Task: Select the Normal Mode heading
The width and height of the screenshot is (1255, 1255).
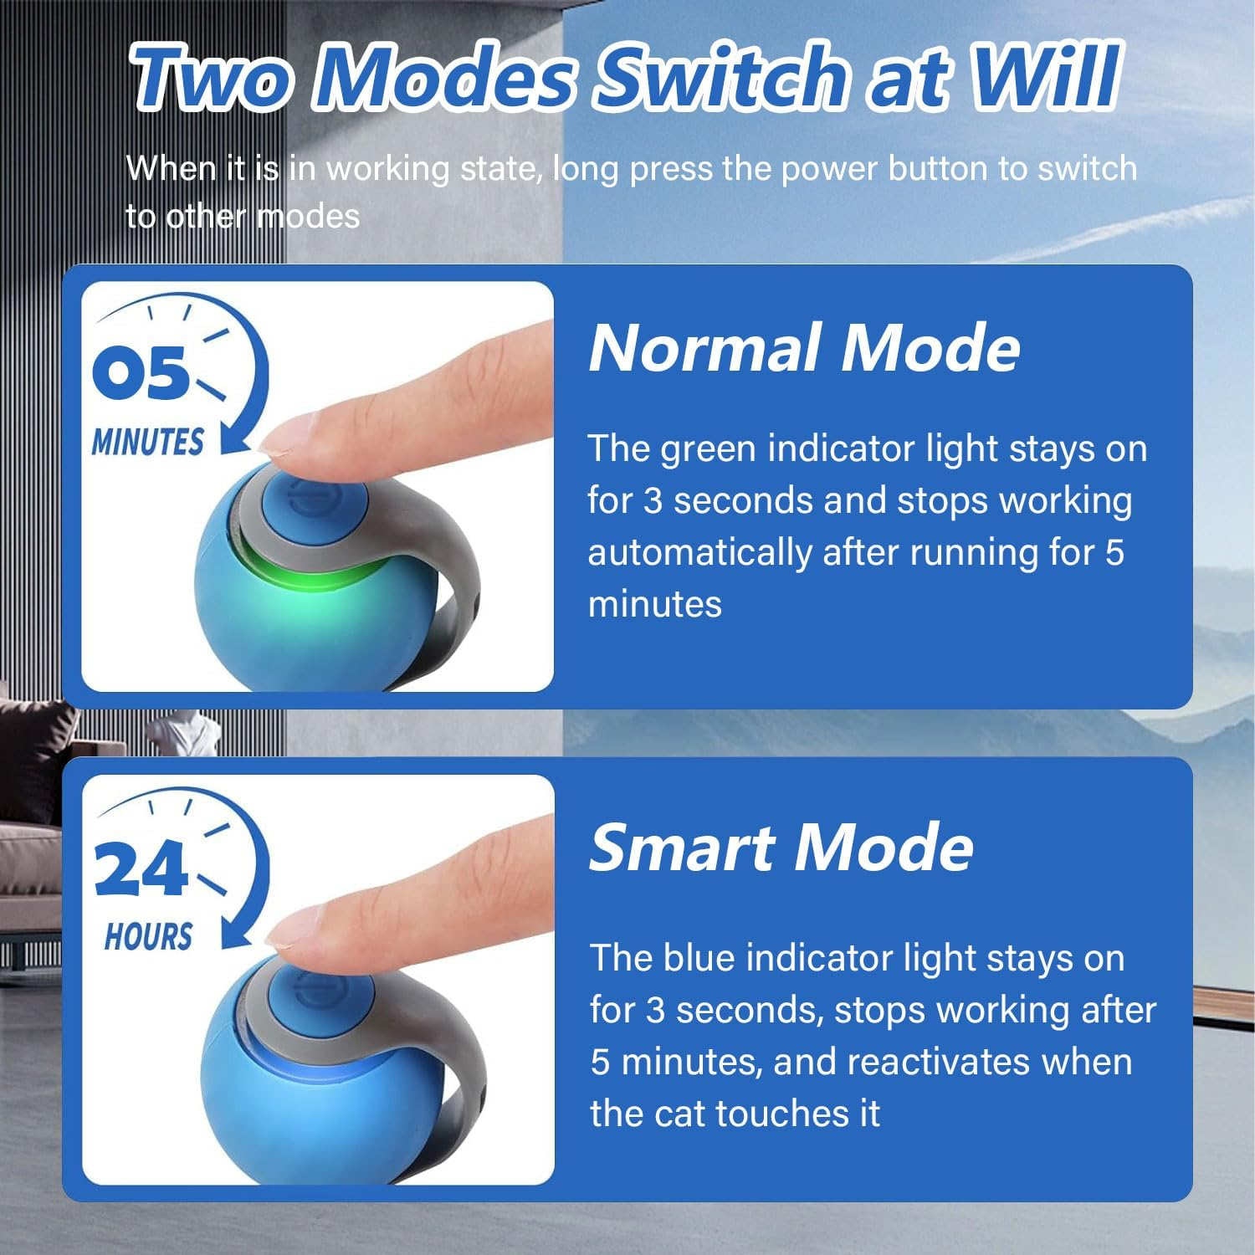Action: [x=804, y=348]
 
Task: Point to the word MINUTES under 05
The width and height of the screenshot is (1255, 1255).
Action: [x=147, y=442]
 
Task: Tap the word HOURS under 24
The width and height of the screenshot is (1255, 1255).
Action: [x=148, y=937]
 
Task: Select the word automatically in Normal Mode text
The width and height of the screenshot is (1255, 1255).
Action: [x=699, y=553]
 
